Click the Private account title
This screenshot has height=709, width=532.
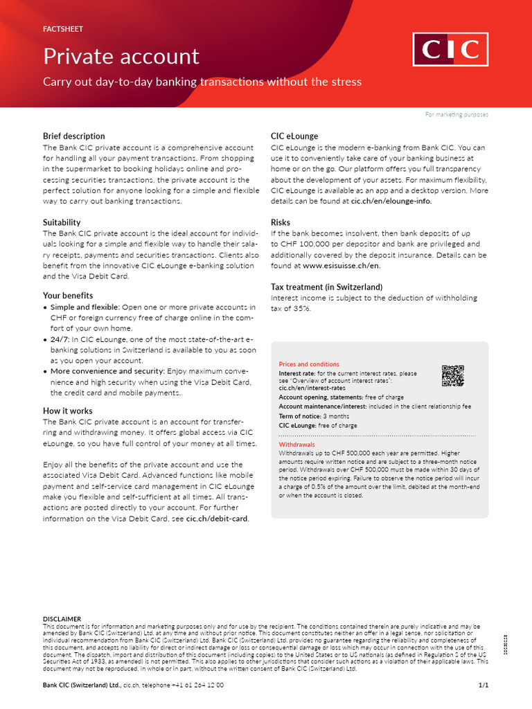[x=121, y=56]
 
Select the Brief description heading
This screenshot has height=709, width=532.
[x=74, y=136]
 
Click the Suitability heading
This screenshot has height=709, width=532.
[x=62, y=222]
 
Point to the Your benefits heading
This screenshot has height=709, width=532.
[x=68, y=295]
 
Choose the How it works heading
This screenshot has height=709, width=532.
[x=68, y=411]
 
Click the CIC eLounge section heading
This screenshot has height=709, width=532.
[x=294, y=136]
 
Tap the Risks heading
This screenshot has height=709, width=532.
[x=281, y=222]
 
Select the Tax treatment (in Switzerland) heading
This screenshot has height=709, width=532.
[x=326, y=287]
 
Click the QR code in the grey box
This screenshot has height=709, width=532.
[x=452, y=375]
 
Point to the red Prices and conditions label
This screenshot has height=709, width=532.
[x=309, y=364]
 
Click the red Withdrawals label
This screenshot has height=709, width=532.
[x=296, y=444]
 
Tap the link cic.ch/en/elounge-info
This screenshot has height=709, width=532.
[x=391, y=201]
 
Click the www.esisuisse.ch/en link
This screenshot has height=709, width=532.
[x=342, y=265]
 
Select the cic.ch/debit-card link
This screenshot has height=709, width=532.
[x=217, y=519]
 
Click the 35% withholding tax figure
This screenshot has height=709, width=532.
[x=300, y=308]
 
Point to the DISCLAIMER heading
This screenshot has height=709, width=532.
[x=62, y=619]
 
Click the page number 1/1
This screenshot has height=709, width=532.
[x=484, y=685]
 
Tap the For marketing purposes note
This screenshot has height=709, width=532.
[x=456, y=114]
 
